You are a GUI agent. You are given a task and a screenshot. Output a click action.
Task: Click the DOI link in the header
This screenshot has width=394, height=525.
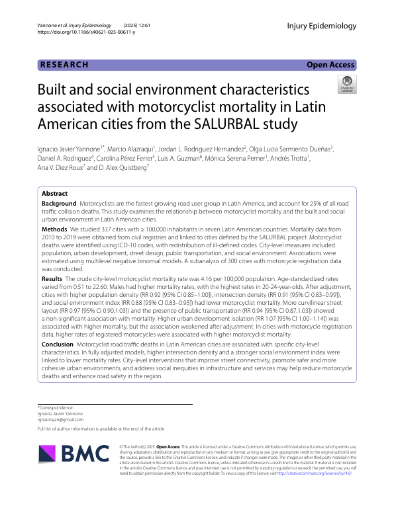tap(86, 32)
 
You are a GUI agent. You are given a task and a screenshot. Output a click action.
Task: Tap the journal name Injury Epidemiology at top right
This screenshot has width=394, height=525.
tap(322, 26)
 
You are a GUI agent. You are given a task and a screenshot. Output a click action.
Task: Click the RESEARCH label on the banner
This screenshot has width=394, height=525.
tap(64, 65)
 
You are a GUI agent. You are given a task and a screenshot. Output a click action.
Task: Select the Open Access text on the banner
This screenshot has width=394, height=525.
tap(330, 65)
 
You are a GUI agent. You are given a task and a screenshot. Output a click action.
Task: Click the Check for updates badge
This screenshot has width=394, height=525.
tap(346, 84)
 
